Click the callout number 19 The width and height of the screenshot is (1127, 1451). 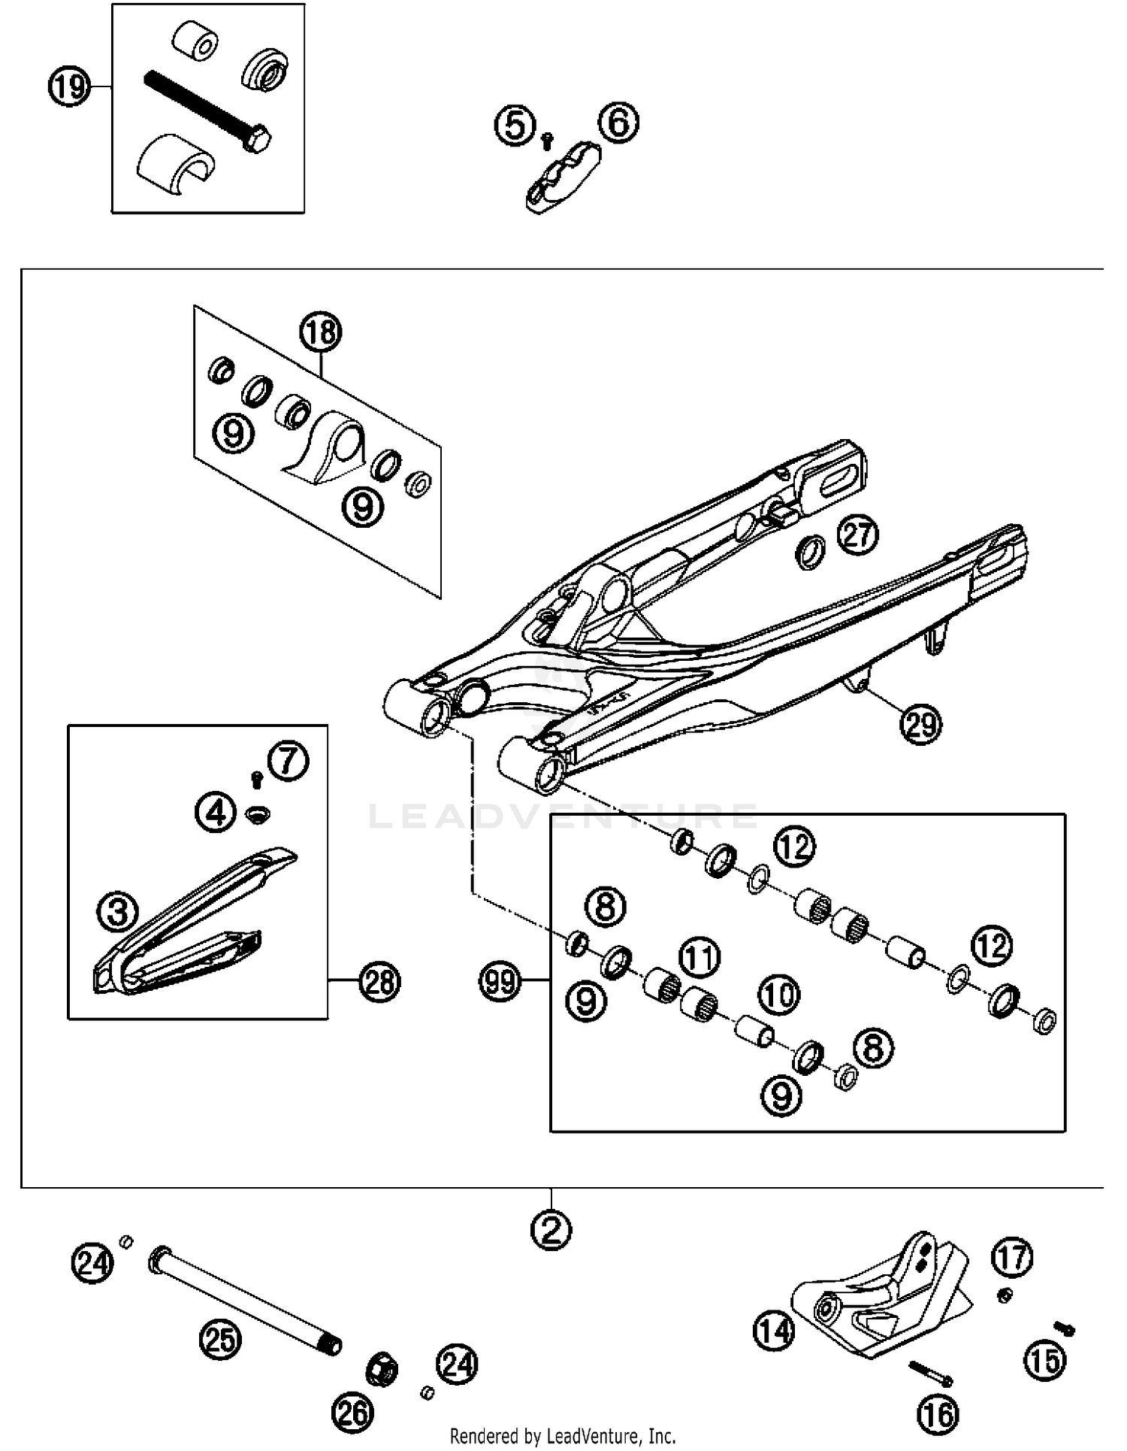[69, 88]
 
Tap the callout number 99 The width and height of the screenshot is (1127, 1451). [500, 981]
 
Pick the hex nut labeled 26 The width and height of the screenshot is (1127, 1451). [381, 1370]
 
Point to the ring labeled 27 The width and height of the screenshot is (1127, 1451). [810, 553]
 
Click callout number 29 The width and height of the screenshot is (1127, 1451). [921, 724]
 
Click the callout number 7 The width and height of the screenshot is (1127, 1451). [289, 760]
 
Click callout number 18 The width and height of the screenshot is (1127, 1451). [321, 332]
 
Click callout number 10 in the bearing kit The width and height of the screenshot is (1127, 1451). [779, 995]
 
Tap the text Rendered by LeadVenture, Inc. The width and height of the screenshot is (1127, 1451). [562, 1436]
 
